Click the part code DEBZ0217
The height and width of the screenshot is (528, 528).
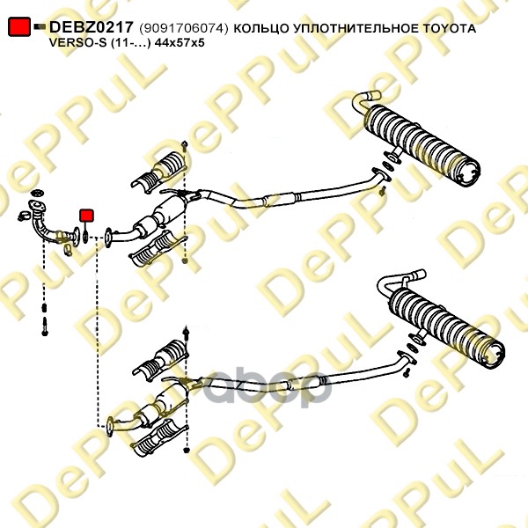click(x=92, y=27)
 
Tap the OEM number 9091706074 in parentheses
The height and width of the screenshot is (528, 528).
click(x=184, y=29)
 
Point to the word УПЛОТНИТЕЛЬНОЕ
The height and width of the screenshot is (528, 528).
click(x=355, y=29)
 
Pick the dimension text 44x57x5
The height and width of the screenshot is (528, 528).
click(x=180, y=43)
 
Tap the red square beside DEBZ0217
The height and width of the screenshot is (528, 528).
click(x=19, y=26)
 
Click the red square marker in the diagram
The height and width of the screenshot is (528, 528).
click(x=86, y=216)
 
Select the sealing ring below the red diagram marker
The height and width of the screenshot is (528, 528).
click(x=85, y=236)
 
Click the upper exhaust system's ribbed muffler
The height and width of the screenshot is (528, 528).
click(x=422, y=146)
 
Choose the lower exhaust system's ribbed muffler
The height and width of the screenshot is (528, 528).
click(x=446, y=327)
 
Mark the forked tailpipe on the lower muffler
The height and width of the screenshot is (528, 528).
click(x=400, y=282)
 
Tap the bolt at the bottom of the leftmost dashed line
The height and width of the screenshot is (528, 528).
click(x=45, y=326)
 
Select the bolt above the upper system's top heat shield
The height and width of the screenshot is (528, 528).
click(x=184, y=145)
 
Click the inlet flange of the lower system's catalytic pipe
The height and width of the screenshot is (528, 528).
click(x=110, y=427)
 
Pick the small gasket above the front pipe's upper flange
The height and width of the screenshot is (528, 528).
click(x=37, y=194)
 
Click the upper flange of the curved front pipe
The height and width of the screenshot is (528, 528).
click(x=37, y=207)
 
